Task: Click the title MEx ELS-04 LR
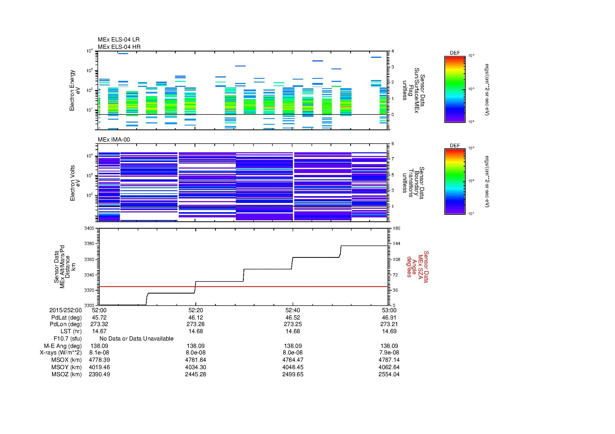point(118,40)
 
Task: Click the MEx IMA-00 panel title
point(114,140)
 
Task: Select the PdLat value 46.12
point(196,317)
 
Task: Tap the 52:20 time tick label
point(196,310)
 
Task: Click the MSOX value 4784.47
point(293,360)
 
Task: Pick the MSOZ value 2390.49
point(99,374)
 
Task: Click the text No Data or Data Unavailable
point(136,338)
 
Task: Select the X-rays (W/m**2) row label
point(60,352)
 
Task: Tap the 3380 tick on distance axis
point(89,244)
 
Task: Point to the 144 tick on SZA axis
point(396,244)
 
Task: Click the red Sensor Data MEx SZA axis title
point(417,266)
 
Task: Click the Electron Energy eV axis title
point(75,90)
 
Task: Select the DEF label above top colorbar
point(455,53)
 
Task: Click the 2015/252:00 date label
point(65,310)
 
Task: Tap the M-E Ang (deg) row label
point(63,346)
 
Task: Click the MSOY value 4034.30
point(196,367)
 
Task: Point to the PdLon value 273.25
point(293,324)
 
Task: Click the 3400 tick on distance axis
point(89,228)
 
